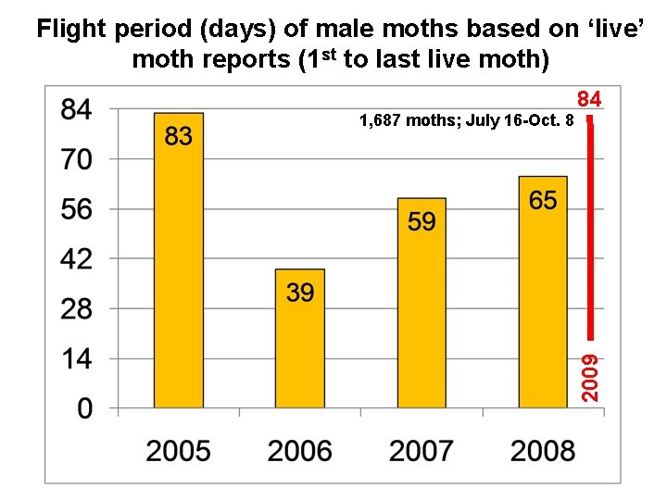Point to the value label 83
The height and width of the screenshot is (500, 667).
(179, 137)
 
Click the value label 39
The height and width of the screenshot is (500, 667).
(300, 293)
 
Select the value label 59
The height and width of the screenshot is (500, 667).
(422, 221)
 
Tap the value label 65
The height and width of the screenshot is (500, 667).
(543, 200)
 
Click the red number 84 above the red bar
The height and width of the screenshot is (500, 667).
(589, 99)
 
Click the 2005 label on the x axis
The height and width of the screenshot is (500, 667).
(179, 451)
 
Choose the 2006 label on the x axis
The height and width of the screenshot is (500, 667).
(300, 451)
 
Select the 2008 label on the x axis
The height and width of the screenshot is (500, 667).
(543, 451)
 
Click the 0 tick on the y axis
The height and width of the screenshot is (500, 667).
(84, 408)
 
